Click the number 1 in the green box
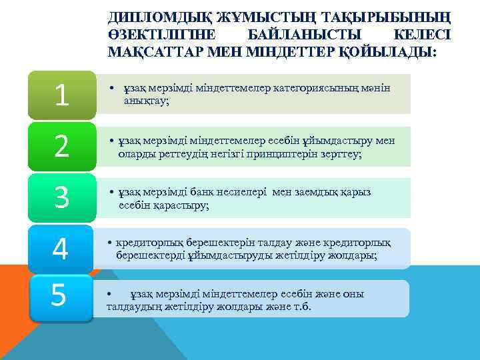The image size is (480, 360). coord(62,95)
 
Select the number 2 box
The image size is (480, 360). coord(62,147)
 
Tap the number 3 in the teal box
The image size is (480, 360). coord(62,197)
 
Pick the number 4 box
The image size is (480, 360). coord(61,249)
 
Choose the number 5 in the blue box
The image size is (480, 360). coord(59,295)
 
